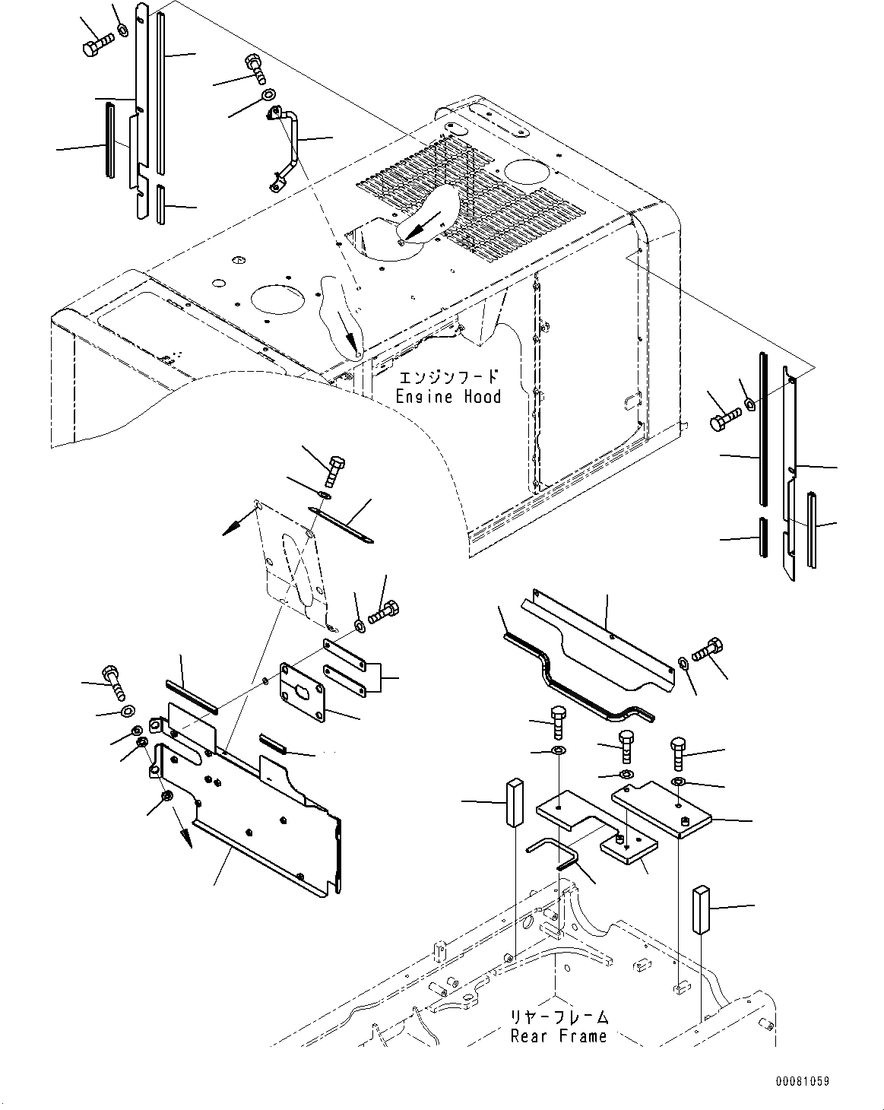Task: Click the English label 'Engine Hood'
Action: pyautogui.click(x=448, y=396)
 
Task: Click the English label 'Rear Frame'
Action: pyautogui.click(x=559, y=1035)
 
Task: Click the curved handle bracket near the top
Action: pyautogui.click(x=285, y=148)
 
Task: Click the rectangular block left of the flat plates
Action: pyautogui.click(x=513, y=801)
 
